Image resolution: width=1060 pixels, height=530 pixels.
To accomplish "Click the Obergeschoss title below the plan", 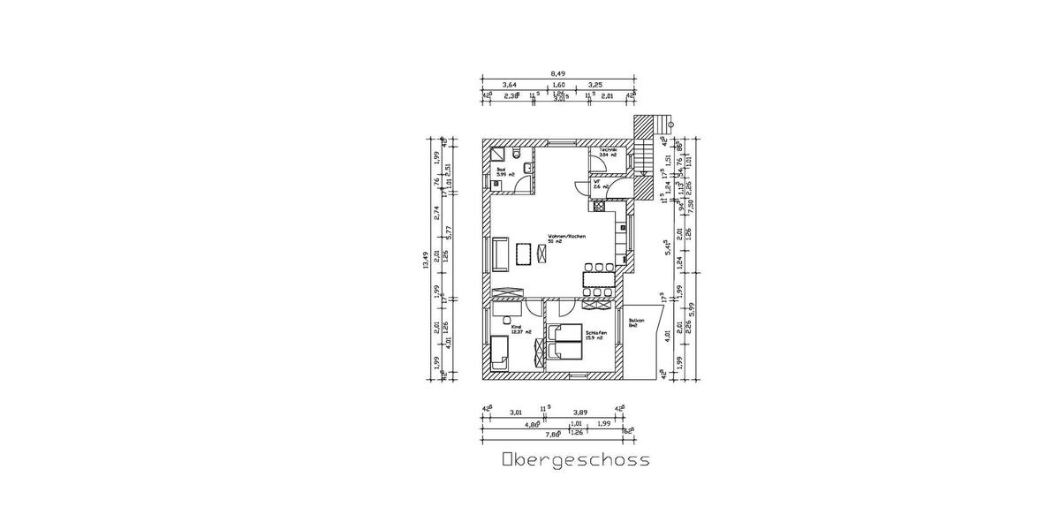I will coord(575,460).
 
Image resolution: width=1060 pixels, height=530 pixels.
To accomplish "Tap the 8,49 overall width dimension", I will coord(558,74).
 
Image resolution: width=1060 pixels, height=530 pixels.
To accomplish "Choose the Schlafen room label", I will coord(596,333).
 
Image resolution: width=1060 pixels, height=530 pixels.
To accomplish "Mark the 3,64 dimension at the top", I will coord(510,85).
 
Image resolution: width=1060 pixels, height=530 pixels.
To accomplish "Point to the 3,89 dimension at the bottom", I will coord(579,412).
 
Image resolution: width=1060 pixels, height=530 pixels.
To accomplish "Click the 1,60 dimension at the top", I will coord(558,85).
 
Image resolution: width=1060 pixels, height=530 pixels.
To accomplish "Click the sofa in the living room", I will coord(500,254).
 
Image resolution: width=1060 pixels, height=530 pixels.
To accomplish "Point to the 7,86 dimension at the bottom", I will coord(551,435).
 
